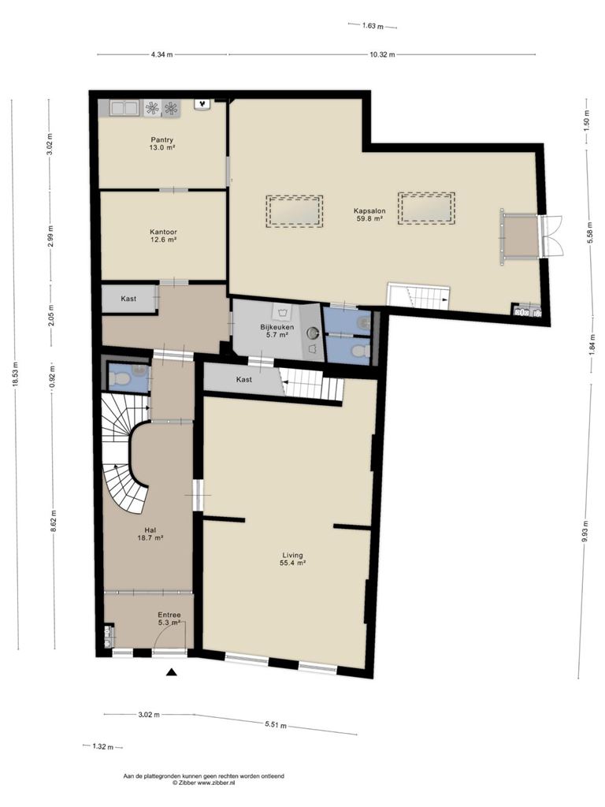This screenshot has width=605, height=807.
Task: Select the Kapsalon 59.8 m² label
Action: pos(369,214)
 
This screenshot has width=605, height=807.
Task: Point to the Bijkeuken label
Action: pos(277,327)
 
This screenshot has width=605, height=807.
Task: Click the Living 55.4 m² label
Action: pos(292,559)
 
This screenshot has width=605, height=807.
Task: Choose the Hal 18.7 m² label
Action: pos(150,534)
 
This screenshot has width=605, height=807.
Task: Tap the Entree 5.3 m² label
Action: pos(169,619)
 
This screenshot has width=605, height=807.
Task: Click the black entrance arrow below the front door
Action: pos(172,671)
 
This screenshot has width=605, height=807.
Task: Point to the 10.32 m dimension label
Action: pos(382,54)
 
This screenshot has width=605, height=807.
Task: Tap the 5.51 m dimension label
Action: pos(276,725)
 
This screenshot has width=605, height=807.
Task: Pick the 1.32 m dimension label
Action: pos(103,747)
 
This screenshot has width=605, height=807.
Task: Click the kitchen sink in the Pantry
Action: pos(124,108)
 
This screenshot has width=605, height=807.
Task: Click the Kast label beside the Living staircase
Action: pos(244,379)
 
